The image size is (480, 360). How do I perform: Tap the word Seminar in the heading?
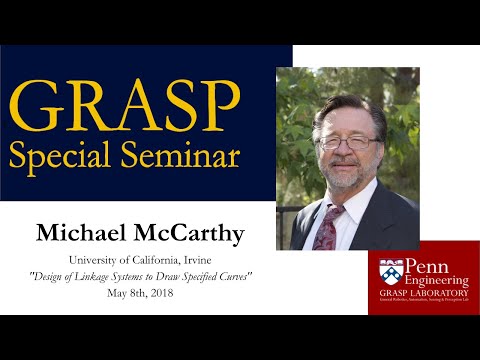coord(187,155)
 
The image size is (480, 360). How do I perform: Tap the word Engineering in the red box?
coord(430,281)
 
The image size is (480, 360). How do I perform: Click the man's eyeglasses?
coord(346,142)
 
